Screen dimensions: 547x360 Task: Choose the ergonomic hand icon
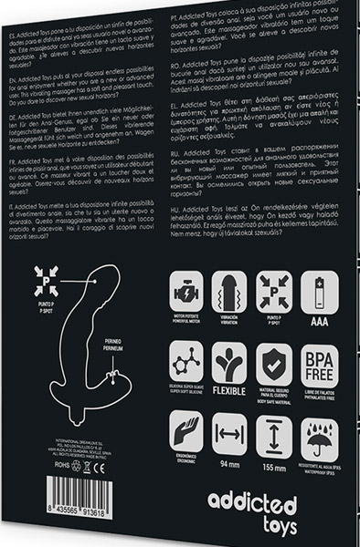pyautogui.click(x=186, y=435)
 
